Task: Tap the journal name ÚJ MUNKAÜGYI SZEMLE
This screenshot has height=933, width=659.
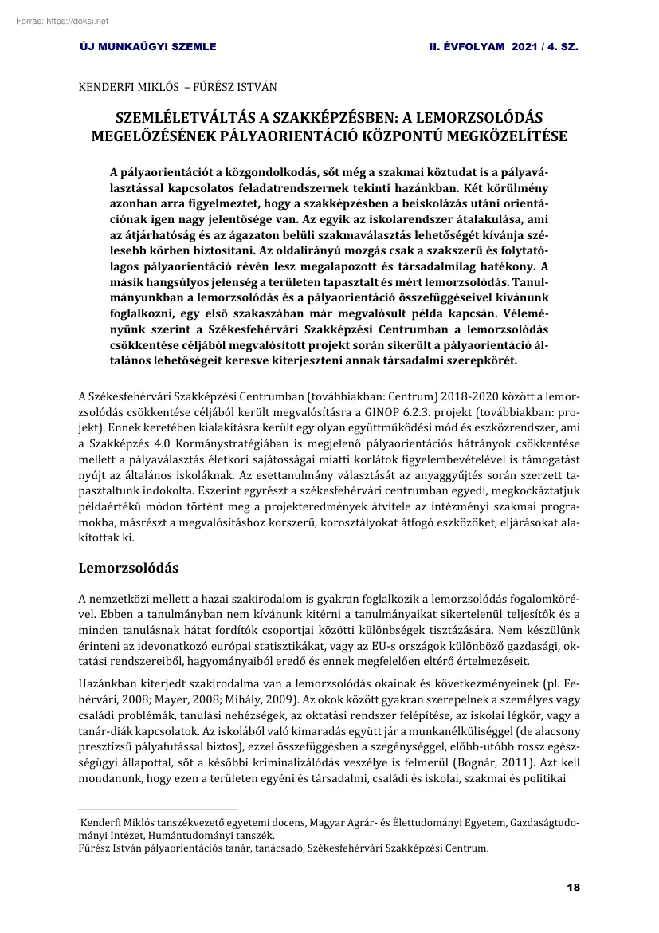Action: click(x=148, y=47)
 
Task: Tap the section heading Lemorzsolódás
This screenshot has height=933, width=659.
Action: click(x=128, y=569)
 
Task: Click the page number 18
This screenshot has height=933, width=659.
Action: click(x=573, y=887)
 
